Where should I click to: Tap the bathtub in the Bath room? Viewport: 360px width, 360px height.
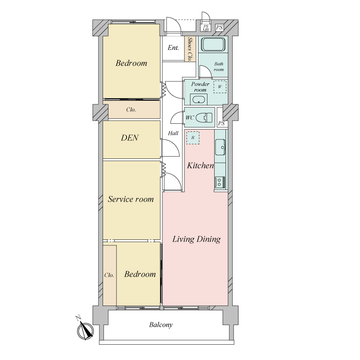click(213, 44)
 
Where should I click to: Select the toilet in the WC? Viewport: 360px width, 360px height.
click(204, 117)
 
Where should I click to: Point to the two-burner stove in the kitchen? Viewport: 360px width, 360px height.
click(220, 182)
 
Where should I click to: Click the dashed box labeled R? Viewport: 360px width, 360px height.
click(193, 138)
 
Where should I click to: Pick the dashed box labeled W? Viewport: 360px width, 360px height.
click(220, 86)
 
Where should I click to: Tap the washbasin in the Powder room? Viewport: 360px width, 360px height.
click(198, 100)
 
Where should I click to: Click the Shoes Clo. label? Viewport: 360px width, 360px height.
click(190, 49)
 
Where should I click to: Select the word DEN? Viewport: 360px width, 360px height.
click(130, 138)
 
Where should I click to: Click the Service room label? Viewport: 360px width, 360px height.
click(130, 199)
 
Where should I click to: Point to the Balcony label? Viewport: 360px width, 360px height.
click(161, 325)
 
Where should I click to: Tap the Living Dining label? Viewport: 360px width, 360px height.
click(197, 239)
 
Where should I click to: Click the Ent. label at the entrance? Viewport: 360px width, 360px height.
click(173, 48)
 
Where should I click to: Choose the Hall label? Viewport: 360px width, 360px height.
click(173, 133)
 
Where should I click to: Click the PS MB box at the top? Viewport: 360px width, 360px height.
click(206, 28)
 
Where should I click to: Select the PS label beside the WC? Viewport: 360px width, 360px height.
click(221, 123)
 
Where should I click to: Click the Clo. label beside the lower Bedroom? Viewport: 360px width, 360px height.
click(109, 275)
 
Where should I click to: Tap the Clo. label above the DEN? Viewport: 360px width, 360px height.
click(131, 110)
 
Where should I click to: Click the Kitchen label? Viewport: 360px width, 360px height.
click(200, 165)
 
